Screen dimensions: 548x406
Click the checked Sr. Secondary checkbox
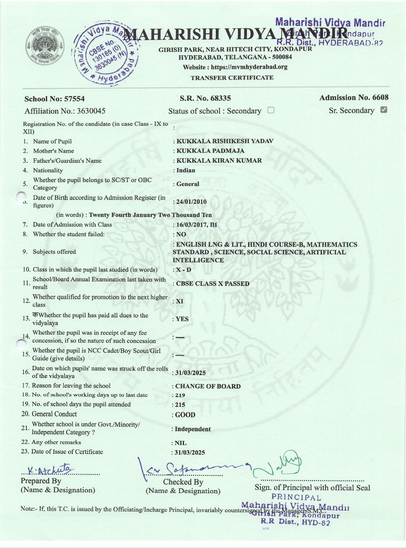tap(383, 110)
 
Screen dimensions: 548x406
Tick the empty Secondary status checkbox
tap(271, 110)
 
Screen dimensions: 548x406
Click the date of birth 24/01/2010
tap(191, 202)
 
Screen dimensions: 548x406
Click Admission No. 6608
tap(354, 97)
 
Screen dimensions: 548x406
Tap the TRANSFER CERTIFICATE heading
tap(232, 78)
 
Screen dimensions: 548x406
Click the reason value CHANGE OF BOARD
tap(208, 386)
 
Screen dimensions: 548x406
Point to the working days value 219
tap(180, 395)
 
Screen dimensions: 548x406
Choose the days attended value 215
tap(180, 405)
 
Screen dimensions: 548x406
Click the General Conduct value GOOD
tap(185, 415)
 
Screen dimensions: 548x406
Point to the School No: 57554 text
tap(54, 99)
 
